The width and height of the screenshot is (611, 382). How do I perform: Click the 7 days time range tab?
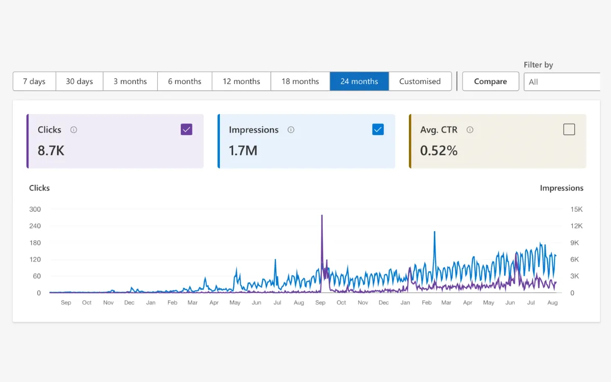tap(34, 81)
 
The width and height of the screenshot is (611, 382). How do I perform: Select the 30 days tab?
tap(79, 81)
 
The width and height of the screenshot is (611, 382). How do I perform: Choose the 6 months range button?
tap(184, 81)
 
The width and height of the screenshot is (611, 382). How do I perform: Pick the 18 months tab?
tap(300, 81)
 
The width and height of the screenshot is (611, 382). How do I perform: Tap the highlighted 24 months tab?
tap(359, 81)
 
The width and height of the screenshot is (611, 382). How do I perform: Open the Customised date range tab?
tap(420, 81)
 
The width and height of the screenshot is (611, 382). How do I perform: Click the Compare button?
tap(490, 81)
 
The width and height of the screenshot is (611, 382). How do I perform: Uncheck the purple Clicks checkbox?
tap(186, 129)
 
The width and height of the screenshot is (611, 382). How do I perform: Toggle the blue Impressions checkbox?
tap(378, 129)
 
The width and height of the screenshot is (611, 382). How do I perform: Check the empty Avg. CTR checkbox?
tap(569, 129)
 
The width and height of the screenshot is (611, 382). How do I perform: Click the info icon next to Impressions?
tap(291, 130)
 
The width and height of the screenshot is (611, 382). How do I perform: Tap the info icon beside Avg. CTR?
tap(470, 130)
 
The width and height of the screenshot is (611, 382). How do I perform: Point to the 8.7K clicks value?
tap(51, 150)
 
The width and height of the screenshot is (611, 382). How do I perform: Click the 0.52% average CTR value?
tap(438, 150)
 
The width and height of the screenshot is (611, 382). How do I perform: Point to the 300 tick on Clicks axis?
tap(35, 209)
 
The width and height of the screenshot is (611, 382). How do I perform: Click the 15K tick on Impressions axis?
tap(576, 209)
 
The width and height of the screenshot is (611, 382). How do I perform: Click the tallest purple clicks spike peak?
tap(322, 215)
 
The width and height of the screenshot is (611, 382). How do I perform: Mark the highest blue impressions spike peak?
tap(435, 232)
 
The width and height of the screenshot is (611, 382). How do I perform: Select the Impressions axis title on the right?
tap(561, 188)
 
